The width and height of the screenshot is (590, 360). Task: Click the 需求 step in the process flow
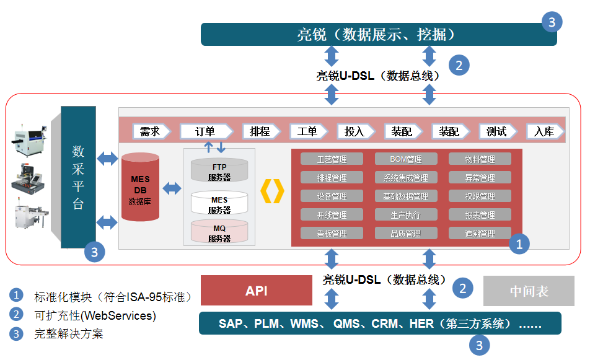(151, 131)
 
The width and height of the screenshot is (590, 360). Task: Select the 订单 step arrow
(206, 131)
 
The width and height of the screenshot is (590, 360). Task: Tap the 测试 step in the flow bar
(497, 131)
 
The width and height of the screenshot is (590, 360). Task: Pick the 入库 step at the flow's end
(544, 131)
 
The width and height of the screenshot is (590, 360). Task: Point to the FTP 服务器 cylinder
(219, 172)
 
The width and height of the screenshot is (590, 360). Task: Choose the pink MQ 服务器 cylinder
(219, 232)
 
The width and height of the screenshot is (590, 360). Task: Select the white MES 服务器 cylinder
(219, 204)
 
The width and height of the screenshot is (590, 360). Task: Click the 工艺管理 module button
(332, 159)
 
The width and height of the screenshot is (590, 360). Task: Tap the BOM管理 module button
(406, 159)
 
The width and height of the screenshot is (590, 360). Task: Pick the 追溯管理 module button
(480, 234)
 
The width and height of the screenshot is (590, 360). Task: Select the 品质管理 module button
(406, 234)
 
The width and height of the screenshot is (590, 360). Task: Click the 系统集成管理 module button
(406, 178)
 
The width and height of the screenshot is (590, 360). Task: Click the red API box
(256, 291)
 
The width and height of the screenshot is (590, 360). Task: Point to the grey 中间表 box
(529, 291)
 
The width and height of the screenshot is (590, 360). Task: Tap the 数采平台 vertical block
(78, 177)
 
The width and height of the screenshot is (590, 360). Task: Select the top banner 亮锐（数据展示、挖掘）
(379, 34)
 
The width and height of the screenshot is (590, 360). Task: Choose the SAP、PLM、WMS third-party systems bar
(379, 323)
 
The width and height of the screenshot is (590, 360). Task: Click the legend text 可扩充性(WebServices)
(95, 315)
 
